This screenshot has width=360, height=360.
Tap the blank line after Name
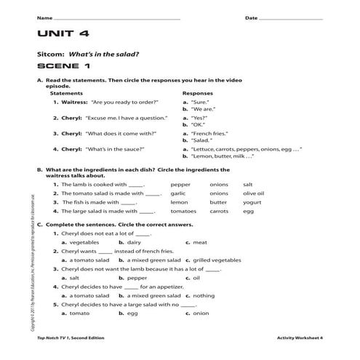(x=116, y=17)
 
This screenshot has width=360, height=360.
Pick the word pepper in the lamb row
(x=180, y=185)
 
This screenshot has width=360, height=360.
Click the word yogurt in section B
(x=252, y=202)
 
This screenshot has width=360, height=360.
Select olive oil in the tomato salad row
(x=253, y=193)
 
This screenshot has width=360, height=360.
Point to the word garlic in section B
(x=178, y=193)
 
